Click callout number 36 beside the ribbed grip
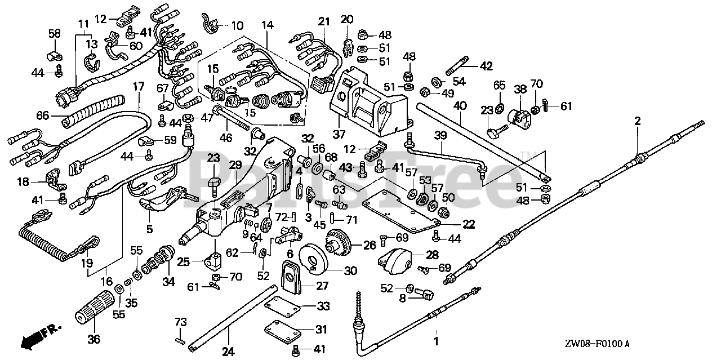(x=94, y=340)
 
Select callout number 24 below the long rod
(x=228, y=352)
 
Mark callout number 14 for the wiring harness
(x=267, y=25)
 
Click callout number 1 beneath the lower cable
(x=435, y=341)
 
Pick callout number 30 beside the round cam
(x=350, y=271)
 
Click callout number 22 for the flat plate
(x=469, y=224)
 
